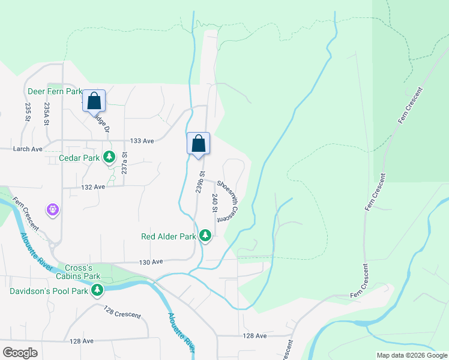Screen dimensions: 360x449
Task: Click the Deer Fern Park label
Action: (54, 92)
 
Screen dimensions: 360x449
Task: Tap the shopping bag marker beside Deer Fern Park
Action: (94, 101)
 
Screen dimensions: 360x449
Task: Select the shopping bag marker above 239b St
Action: (199, 144)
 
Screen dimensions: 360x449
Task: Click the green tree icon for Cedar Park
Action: (109, 158)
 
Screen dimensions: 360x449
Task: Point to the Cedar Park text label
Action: (79, 158)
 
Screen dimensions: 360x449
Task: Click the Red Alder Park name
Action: (169, 236)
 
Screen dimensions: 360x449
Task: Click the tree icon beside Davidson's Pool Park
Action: (97, 292)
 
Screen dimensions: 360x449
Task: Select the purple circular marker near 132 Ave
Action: (53, 209)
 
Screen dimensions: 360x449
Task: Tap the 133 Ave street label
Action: (142, 141)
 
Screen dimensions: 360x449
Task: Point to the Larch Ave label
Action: (28, 149)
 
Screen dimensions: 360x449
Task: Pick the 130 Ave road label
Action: (151, 262)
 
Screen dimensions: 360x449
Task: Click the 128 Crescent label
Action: (122, 311)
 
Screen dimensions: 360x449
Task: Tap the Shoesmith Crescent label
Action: (228, 201)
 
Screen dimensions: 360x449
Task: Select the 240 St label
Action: (214, 203)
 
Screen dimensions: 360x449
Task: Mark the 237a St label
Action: (125, 163)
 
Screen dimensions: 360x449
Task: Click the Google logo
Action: (20, 353)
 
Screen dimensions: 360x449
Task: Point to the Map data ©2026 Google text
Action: (411, 355)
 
